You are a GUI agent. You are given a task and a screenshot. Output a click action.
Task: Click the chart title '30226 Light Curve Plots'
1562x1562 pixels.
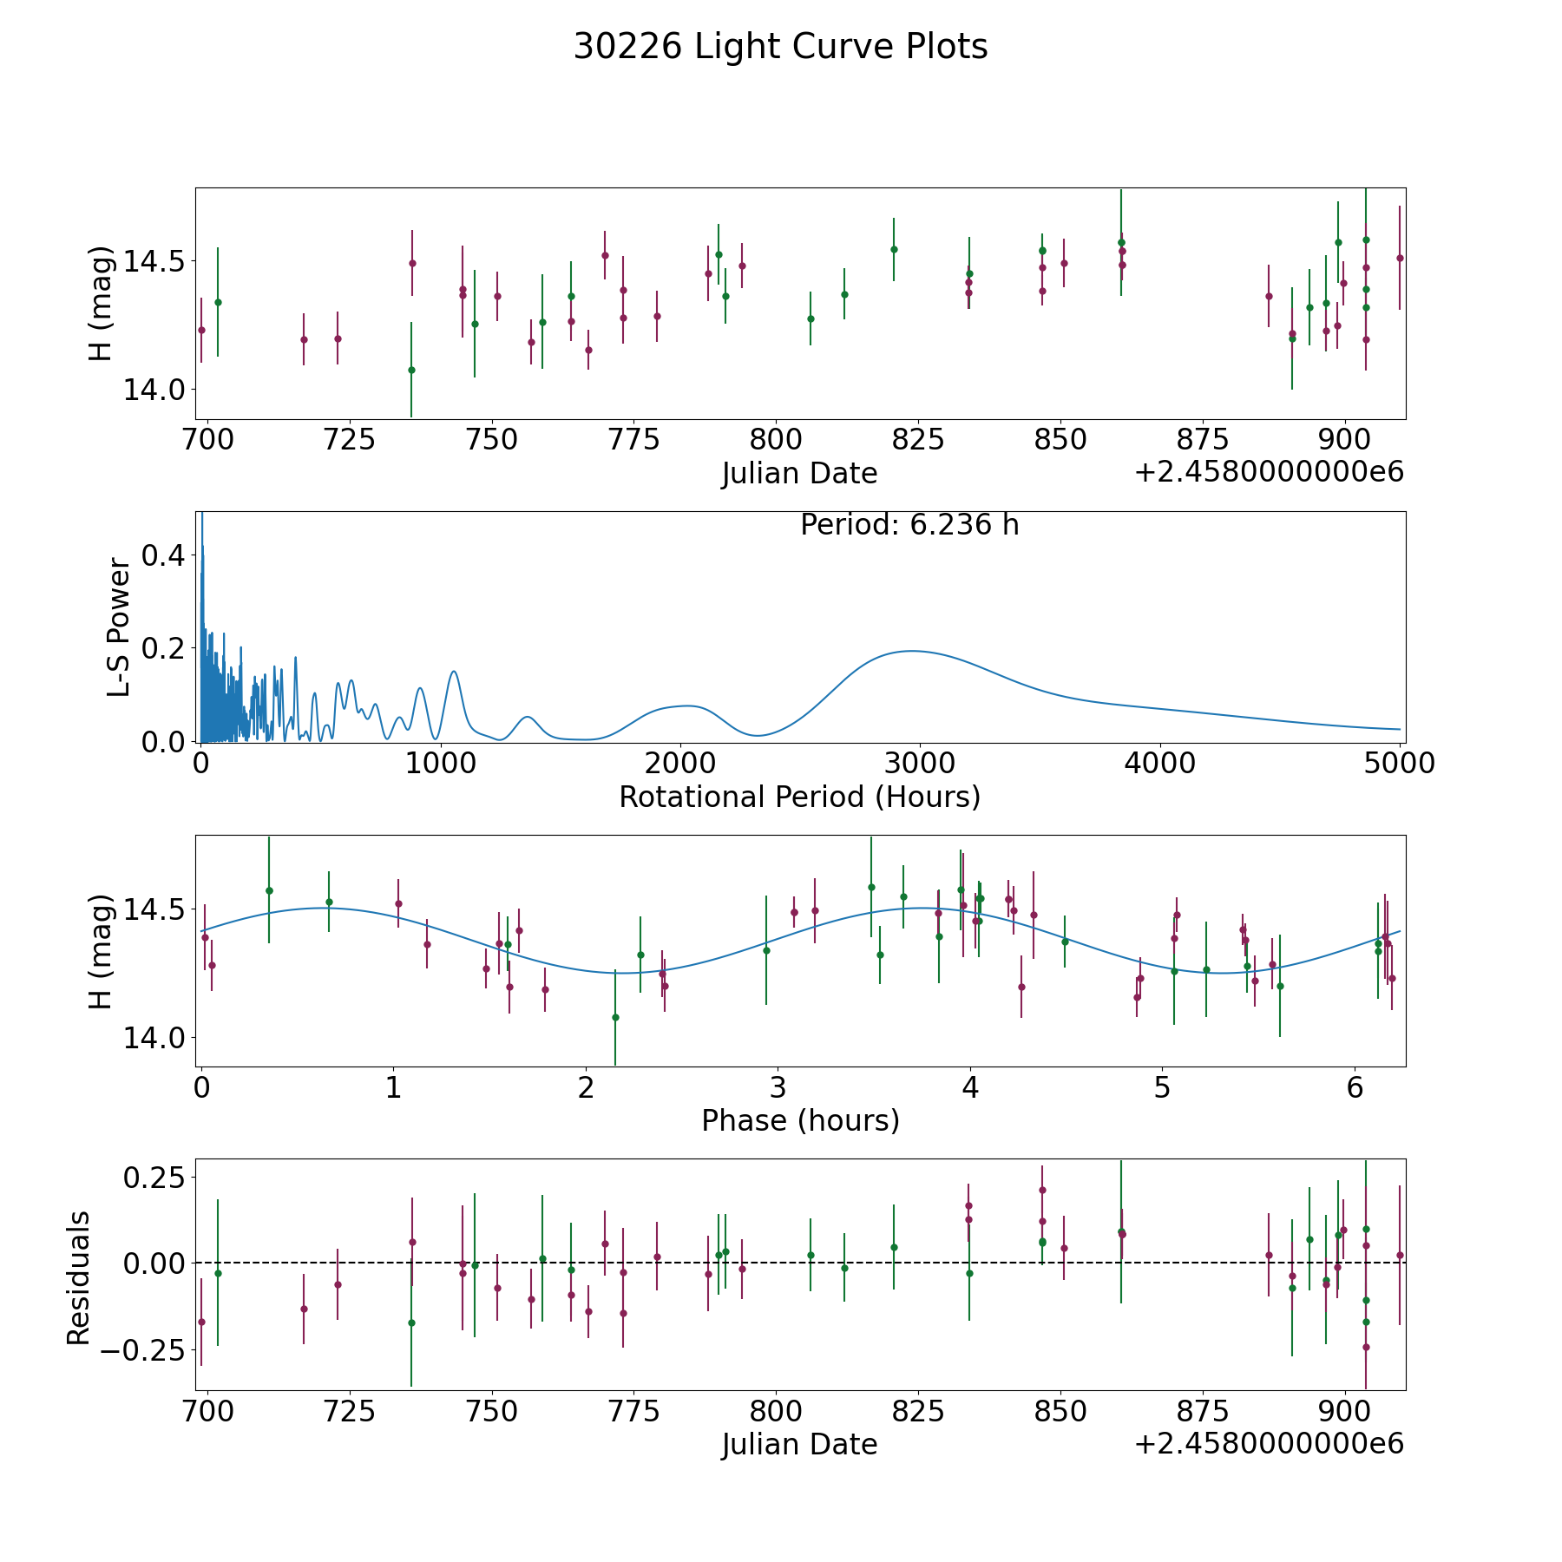coord(780,47)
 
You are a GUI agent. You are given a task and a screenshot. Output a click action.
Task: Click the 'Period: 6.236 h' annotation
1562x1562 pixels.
coord(909,525)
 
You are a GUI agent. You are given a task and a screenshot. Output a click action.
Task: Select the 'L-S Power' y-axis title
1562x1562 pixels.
coord(119,627)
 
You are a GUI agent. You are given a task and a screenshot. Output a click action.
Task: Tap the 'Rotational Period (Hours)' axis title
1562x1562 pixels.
coord(799,797)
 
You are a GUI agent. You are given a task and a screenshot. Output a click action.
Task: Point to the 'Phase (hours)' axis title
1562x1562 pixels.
coord(800,1120)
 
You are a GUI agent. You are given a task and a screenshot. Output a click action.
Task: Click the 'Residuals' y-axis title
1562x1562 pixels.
coord(78,1278)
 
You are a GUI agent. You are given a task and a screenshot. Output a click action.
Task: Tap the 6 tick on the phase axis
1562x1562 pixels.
coord(1355,1087)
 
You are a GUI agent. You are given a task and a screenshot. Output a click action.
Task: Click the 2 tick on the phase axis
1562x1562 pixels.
coord(586,1087)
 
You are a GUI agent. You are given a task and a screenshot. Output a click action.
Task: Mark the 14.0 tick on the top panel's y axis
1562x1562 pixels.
coord(154,390)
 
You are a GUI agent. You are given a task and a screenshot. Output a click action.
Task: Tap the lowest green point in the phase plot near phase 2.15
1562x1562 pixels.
coord(615,1017)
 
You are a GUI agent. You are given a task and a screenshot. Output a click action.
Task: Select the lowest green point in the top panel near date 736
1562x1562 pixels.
coord(411,370)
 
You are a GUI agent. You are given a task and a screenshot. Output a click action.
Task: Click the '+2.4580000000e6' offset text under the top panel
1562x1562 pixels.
coord(1269,472)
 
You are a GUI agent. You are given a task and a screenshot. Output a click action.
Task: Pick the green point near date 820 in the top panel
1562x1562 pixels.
coord(894,249)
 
